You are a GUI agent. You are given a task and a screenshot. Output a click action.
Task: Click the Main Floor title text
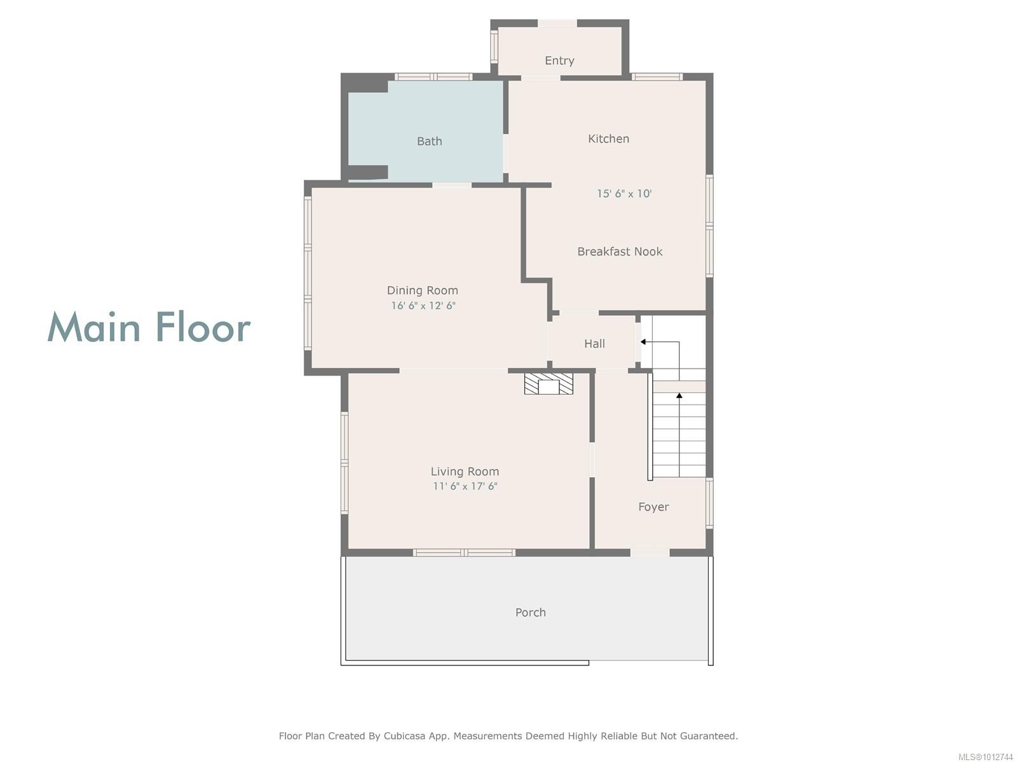coord(149,328)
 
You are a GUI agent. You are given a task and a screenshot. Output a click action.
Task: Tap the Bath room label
coord(429,141)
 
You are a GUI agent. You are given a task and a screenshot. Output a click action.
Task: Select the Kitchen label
coord(608,139)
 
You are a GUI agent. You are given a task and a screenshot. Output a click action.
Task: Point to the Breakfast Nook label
coord(620,252)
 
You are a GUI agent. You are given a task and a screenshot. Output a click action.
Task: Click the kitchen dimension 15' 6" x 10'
coord(624,194)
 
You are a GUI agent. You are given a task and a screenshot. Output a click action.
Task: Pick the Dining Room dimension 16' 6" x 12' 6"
coord(423,306)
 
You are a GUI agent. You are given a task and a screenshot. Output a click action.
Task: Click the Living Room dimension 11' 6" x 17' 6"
coord(465,487)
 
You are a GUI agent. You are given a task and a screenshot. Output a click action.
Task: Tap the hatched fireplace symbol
coord(549,384)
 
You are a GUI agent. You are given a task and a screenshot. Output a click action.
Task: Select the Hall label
coord(594,344)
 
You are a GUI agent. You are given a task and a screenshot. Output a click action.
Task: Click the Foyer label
coord(653,507)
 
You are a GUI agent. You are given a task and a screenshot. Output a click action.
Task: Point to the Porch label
coord(530,613)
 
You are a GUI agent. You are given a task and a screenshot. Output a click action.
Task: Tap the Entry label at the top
coord(559,61)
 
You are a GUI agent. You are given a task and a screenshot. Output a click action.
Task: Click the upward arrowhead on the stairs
coord(679,396)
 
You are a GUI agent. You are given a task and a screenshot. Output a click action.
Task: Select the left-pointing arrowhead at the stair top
coord(643,342)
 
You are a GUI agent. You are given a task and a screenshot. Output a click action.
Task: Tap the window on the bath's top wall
coord(433,77)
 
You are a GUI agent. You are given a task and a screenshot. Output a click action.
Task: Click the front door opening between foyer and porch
coord(650,553)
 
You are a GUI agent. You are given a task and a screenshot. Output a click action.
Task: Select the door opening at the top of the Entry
coord(557,24)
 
